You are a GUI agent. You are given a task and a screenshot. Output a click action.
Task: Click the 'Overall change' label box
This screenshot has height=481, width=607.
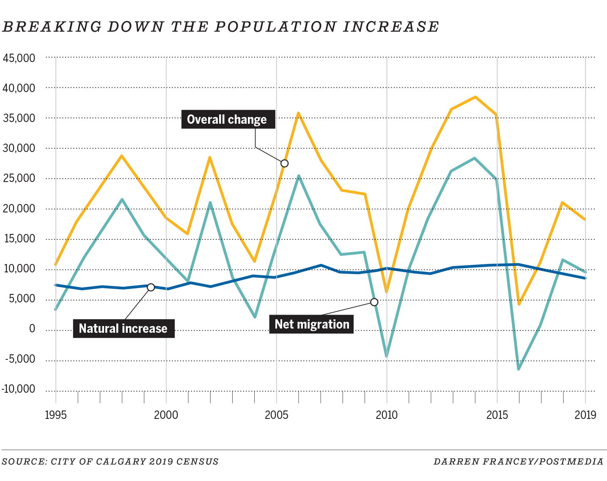(228, 120)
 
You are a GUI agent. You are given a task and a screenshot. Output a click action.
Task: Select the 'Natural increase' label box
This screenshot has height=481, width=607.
(123, 329)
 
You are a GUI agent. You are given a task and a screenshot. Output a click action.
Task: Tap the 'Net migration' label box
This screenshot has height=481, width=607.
(312, 324)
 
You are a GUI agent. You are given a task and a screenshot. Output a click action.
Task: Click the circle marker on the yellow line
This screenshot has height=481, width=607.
(284, 163)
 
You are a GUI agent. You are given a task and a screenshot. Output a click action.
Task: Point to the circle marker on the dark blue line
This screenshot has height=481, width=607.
(151, 287)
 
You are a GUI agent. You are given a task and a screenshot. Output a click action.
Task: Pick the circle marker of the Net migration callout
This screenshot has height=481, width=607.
(374, 302)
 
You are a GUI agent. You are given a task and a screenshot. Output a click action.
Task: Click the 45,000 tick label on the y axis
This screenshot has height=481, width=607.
(19, 58)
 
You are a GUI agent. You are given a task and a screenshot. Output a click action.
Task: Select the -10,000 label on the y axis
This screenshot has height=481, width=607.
(19, 389)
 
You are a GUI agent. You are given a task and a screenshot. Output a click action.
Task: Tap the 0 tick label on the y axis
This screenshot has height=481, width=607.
(32, 329)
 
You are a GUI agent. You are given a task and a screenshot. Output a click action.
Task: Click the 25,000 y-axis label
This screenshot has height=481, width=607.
(19, 178)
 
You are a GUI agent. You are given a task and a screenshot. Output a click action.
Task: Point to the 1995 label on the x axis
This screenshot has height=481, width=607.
(56, 415)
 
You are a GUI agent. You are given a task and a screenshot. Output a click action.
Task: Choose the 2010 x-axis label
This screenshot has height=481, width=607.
(387, 415)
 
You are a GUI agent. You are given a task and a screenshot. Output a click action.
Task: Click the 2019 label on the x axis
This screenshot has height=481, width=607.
(585, 415)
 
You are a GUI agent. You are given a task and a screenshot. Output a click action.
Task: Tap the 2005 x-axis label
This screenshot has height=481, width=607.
(276, 415)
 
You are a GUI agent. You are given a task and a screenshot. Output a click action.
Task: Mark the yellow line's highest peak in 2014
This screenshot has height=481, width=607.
(475, 97)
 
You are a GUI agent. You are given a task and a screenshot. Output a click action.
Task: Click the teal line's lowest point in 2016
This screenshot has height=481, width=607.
(519, 369)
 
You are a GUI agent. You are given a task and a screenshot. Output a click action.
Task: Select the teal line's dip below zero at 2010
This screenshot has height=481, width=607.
(387, 356)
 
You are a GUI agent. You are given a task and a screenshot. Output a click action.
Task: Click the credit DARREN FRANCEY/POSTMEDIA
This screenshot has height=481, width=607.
(518, 462)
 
